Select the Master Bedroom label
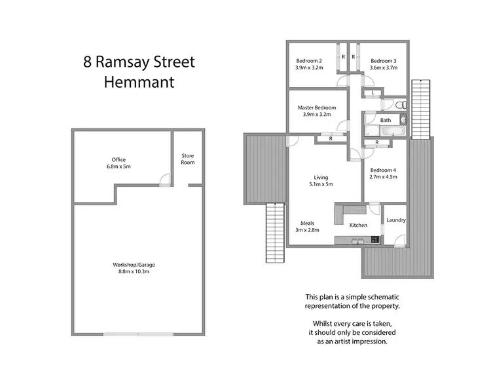click(x=317, y=107)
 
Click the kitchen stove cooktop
click(x=374, y=240)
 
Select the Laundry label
click(x=396, y=221)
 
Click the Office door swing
click(x=165, y=178)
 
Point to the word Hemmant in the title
click(x=139, y=83)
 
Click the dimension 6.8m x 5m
click(x=118, y=166)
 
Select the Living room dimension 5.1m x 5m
click(x=321, y=185)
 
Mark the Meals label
click(x=308, y=223)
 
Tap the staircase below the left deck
click(x=275, y=233)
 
